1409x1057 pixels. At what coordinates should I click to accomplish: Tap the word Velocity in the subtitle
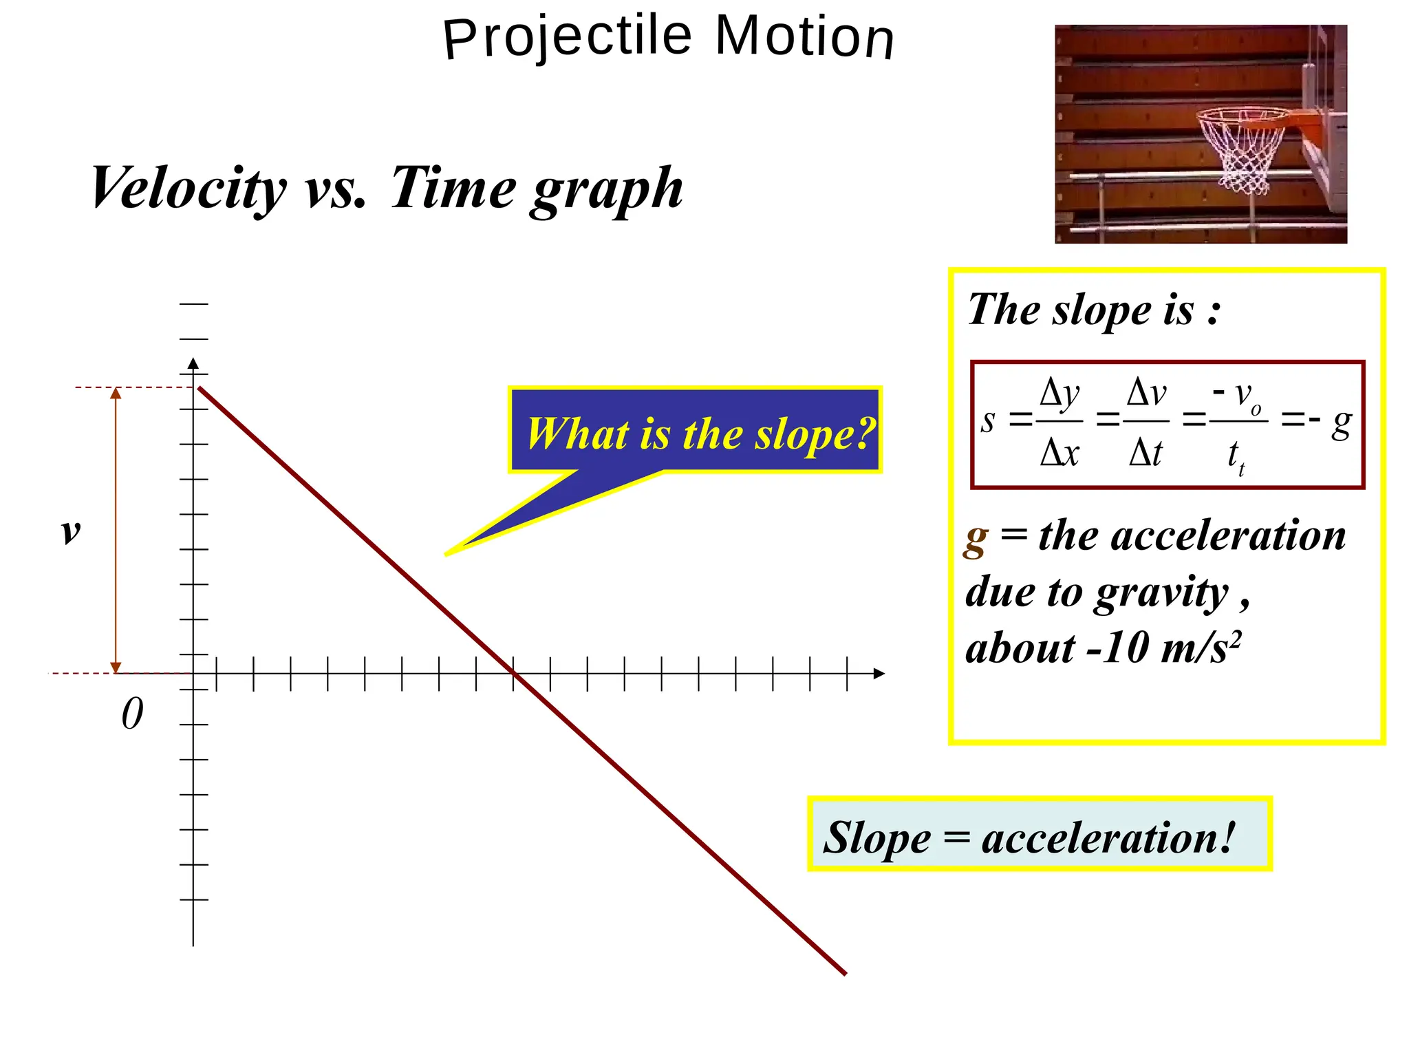point(188,187)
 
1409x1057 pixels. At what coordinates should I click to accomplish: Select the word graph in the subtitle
point(606,189)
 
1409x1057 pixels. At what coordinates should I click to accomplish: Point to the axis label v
point(71,531)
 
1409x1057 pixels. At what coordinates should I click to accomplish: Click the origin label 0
point(132,714)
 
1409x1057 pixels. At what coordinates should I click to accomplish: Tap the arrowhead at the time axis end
point(879,674)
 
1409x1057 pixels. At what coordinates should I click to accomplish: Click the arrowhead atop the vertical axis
point(193,363)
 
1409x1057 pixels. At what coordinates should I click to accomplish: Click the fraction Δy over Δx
point(1060,422)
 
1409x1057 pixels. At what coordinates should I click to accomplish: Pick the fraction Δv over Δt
point(1146,422)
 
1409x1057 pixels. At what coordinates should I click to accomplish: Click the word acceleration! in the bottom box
point(1108,837)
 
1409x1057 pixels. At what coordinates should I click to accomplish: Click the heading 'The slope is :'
point(1094,309)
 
